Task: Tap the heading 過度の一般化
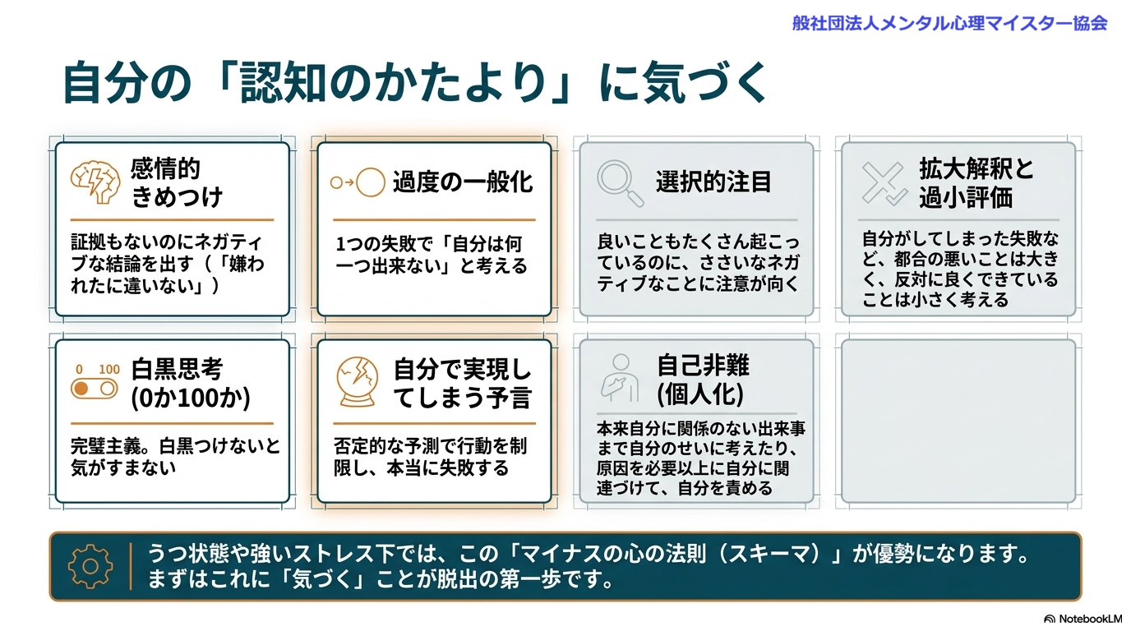463,182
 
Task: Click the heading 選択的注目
713,182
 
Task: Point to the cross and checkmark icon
884,182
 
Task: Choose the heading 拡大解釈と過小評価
976,183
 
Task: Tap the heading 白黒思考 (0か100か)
190,383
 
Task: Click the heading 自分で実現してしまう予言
462,383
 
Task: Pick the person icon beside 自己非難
618,379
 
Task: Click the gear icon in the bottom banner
90,566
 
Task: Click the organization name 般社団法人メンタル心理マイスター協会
949,22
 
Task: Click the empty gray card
958,421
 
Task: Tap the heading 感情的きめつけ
176,183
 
